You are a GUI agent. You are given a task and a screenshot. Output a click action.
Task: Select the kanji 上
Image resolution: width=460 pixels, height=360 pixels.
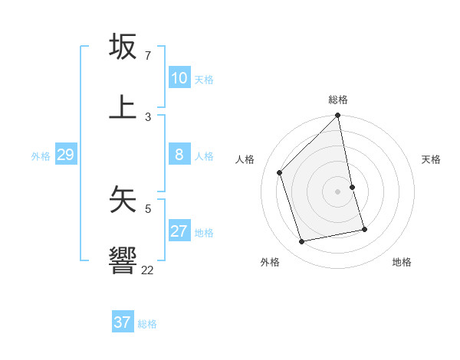[123, 106]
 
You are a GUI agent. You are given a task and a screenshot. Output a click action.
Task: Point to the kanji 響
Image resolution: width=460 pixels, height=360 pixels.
[123, 260]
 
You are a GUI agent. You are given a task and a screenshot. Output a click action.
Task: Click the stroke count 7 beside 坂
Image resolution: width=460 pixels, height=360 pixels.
[147, 56]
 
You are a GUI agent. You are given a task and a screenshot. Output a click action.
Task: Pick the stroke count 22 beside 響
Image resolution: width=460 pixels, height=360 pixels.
[147, 270]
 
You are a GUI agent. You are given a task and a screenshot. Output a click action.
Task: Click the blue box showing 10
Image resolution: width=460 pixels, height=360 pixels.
[179, 78]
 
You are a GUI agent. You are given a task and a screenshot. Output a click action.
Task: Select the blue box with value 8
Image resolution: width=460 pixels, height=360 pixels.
[179, 155]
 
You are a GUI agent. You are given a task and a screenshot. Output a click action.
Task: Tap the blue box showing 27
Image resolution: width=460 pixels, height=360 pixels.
[179, 231]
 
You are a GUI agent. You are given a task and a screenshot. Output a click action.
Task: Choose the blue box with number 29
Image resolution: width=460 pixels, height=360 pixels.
[65, 155]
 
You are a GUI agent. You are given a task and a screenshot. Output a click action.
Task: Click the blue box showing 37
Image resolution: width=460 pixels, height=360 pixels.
[123, 322]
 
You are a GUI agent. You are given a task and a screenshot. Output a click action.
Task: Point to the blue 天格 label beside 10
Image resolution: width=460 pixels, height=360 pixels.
[204, 79]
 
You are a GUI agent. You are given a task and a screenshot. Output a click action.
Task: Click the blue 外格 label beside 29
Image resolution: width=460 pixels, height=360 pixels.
[41, 155]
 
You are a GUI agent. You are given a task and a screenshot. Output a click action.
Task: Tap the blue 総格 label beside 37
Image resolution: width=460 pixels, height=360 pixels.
[147, 323]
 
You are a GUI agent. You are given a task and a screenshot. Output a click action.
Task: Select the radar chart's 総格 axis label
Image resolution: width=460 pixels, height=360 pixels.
[338, 100]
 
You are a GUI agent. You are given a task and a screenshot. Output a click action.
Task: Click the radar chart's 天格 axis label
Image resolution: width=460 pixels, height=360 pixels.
[432, 159]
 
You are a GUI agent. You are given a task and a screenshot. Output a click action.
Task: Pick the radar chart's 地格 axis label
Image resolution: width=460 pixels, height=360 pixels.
[402, 262]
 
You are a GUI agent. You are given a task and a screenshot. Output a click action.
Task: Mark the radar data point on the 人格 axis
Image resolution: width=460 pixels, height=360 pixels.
[280, 172]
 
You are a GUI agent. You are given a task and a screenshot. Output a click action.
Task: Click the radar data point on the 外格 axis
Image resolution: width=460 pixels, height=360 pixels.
[302, 241]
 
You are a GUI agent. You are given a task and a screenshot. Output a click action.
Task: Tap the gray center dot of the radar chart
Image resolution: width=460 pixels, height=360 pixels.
[338, 191]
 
